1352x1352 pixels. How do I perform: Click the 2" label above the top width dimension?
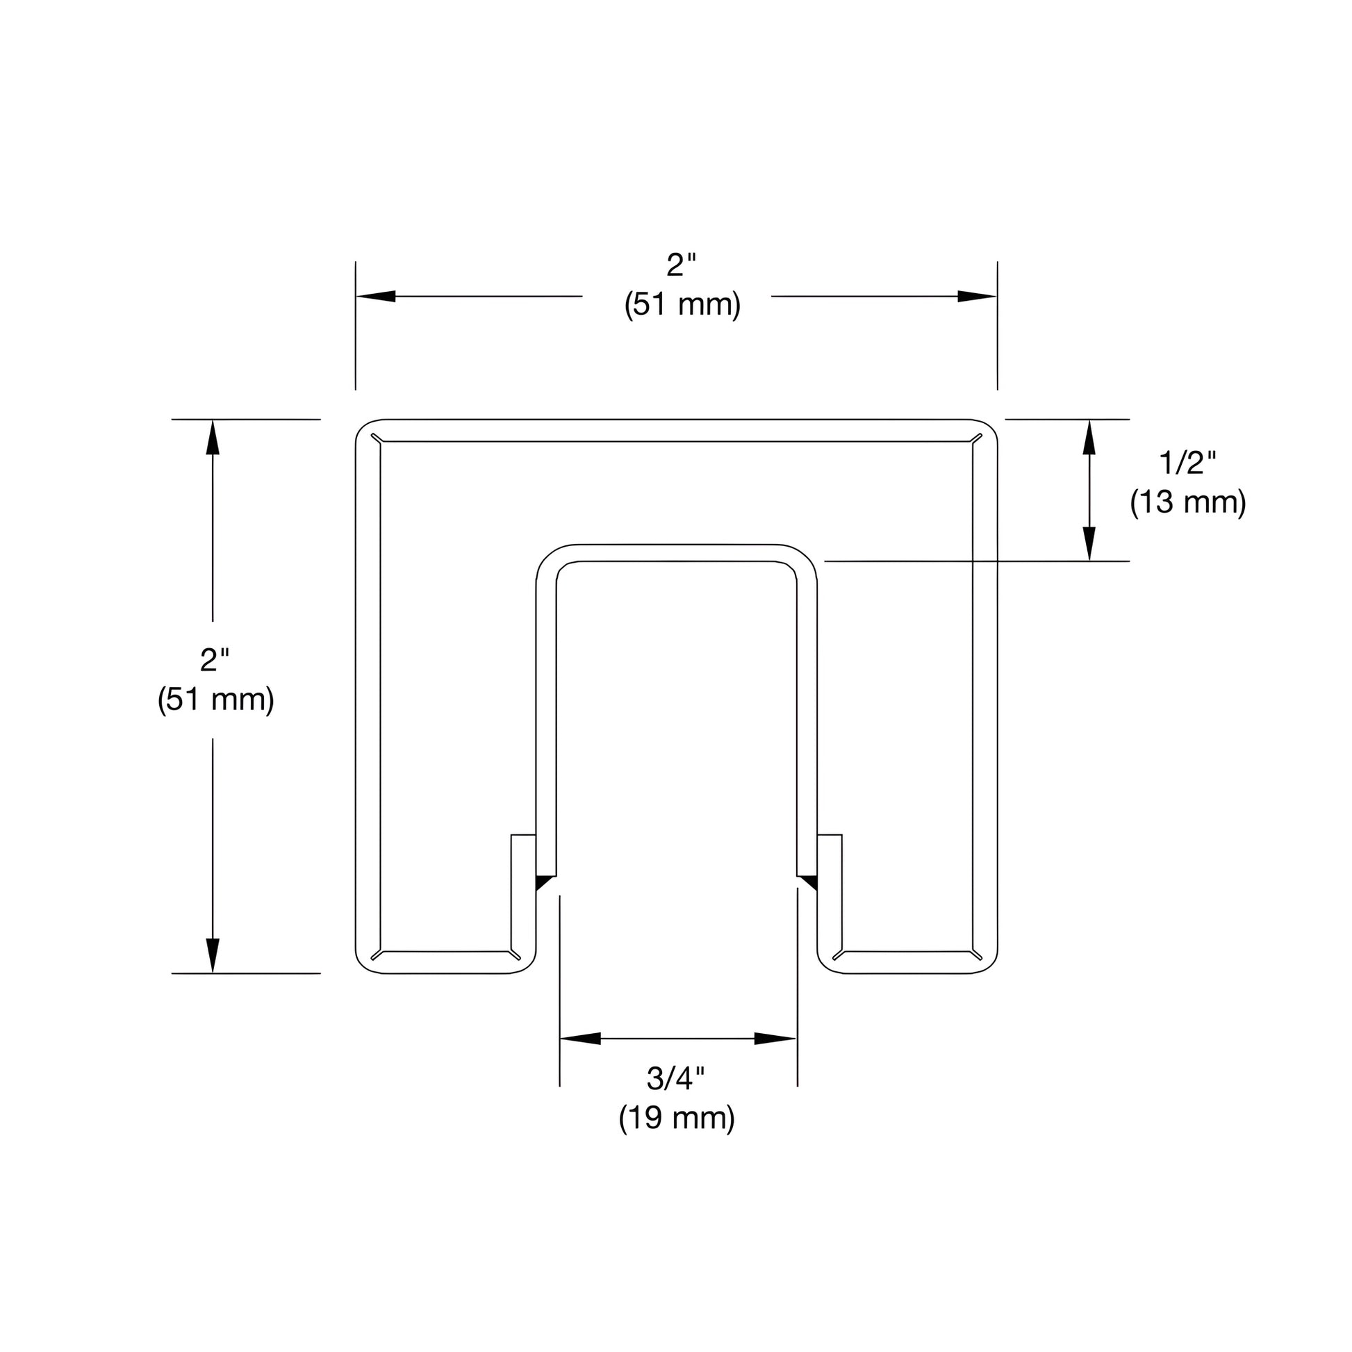(681, 265)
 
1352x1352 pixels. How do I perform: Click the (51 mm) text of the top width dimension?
(682, 305)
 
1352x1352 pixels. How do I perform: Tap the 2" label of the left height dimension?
(214, 660)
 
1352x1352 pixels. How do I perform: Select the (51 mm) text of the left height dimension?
(215, 699)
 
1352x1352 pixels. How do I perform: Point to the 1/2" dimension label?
(1187, 463)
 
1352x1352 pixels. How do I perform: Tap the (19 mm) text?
(676, 1118)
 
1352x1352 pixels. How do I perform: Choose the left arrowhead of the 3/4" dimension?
(580, 1039)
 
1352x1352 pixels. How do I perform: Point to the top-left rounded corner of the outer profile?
(365, 428)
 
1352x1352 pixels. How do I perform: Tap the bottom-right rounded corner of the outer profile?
(988, 964)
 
